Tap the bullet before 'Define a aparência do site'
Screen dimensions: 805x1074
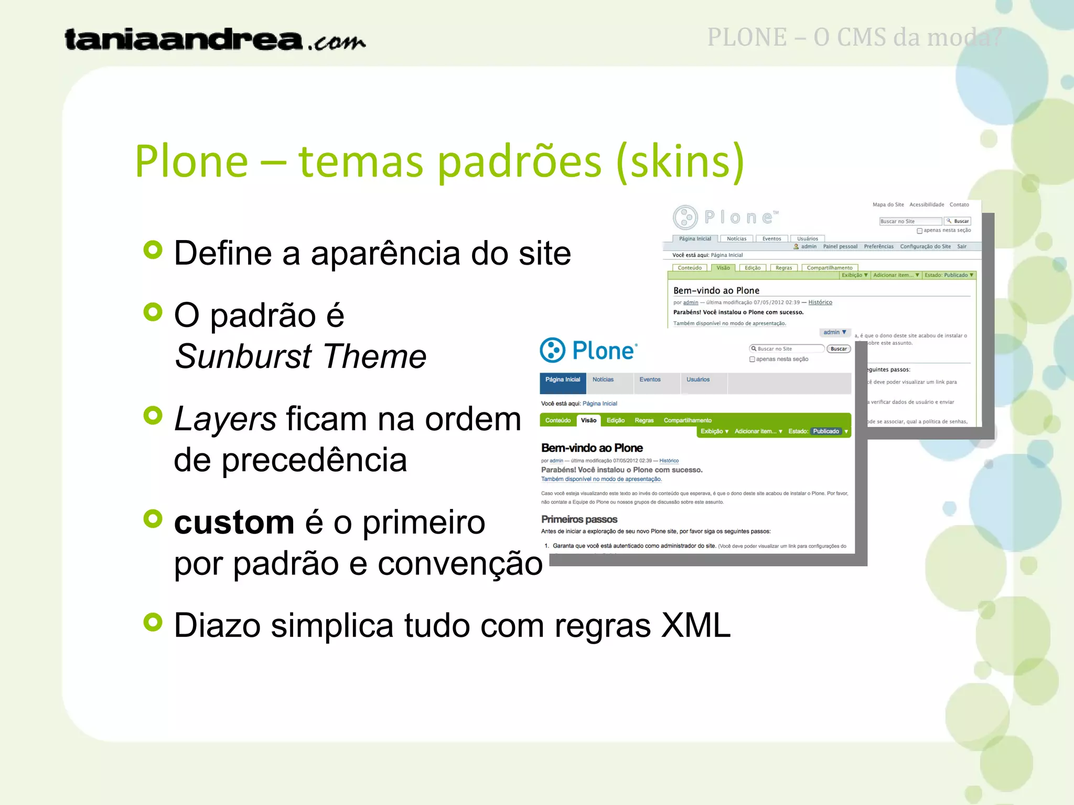153,250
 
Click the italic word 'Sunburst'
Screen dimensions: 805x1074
243,356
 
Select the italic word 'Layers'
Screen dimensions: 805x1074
225,419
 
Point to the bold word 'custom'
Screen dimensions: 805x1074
234,523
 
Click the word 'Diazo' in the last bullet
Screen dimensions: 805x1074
217,625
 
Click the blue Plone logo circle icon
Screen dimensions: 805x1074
552,350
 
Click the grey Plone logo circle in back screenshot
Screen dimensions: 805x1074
685,217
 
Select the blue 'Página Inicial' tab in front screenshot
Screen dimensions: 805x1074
563,380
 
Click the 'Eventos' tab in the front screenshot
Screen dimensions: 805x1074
650,380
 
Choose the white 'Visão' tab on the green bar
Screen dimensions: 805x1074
588,420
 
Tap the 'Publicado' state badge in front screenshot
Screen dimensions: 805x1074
826,431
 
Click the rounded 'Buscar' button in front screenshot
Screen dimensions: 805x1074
839,349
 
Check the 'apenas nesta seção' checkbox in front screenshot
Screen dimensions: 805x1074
752,360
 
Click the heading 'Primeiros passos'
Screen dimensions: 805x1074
579,519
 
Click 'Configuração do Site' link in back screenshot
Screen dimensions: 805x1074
925,246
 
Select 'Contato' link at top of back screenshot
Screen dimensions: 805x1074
959,205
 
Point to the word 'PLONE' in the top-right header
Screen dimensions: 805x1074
747,38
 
